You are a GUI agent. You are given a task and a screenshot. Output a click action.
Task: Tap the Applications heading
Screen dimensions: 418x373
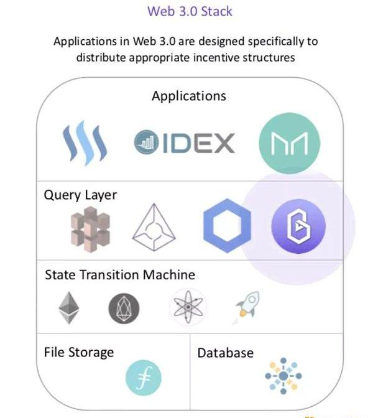click(188, 96)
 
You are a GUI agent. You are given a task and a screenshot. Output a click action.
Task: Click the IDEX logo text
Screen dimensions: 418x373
click(185, 142)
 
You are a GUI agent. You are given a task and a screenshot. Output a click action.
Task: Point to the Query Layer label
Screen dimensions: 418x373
click(80, 195)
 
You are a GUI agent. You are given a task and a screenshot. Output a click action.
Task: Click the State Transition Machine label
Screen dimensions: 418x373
click(120, 275)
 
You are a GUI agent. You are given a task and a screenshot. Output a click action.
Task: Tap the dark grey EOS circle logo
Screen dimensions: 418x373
click(124, 309)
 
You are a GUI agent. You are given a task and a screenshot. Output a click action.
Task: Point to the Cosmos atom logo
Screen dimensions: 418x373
click(187, 308)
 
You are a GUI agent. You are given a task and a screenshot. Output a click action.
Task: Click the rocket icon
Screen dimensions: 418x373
click(246, 307)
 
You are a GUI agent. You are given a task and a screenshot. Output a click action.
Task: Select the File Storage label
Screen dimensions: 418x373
click(79, 352)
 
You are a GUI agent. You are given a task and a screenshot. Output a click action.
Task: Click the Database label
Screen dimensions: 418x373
click(225, 353)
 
